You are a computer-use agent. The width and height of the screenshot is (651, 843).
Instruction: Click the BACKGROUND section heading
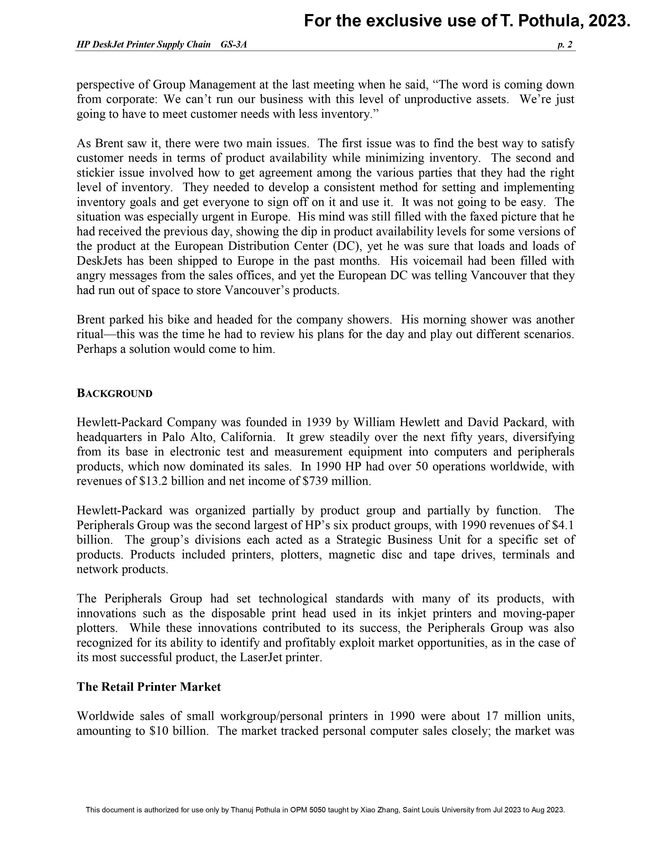point(115,393)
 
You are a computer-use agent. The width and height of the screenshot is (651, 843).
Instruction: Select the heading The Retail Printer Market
point(149,687)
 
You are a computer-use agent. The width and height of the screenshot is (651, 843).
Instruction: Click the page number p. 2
point(565,45)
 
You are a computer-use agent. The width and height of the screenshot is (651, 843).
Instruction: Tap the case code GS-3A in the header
point(234,45)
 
